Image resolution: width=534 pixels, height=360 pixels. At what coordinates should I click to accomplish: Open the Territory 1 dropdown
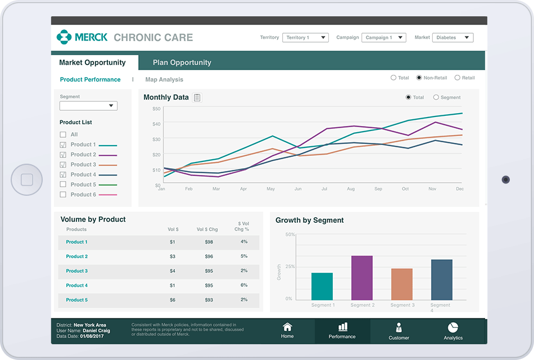click(305, 38)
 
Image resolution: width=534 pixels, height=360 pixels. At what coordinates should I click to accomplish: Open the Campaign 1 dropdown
click(383, 38)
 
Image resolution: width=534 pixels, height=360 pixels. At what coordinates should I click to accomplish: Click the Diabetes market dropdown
click(452, 38)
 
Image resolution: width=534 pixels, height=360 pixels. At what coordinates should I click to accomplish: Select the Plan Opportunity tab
click(182, 62)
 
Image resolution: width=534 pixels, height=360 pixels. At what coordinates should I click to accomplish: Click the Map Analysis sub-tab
click(164, 80)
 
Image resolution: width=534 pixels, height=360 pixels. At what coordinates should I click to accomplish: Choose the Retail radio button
click(458, 78)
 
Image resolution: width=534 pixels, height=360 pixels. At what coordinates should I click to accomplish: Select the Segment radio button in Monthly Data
click(436, 97)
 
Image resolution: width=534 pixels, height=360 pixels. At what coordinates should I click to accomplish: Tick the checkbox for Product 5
click(63, 184)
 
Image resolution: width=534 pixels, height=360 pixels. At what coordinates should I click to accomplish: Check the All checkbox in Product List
click(63, 134)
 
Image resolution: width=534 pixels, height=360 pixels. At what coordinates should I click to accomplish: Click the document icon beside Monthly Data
click(197, 98)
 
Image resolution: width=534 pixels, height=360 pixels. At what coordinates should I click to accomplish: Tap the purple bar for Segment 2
click(362, 278)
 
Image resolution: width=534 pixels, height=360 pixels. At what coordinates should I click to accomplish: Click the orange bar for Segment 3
click(402, 284)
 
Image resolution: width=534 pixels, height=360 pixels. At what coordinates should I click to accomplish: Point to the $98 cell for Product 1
click(209, 242)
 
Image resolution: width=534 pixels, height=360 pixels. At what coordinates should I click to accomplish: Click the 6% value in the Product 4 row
click(244, 285)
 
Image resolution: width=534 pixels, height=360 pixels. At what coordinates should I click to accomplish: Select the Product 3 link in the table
click(77, 271)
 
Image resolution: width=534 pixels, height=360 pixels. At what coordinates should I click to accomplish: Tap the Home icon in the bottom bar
click(287, 327)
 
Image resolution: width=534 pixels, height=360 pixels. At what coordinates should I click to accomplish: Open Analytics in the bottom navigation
click(453, 327)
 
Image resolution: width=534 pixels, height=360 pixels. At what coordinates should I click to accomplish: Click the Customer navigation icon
click(399, 328)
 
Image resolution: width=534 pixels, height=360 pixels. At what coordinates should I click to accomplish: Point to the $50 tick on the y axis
click(156, 109)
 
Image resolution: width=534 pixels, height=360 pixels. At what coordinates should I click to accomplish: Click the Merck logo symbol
click(64, 37)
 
